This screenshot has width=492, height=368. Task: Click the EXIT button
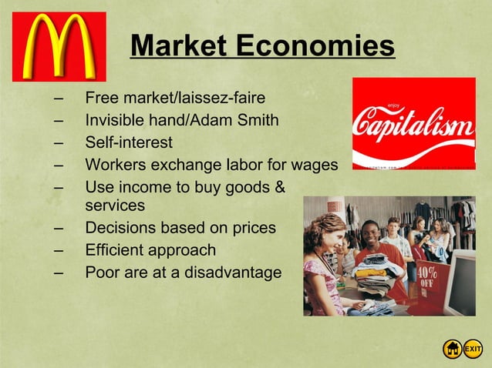[473, 350]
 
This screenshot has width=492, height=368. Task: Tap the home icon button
[453, 350]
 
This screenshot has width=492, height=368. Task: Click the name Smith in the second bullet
[258, 121]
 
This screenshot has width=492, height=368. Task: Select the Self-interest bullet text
[129, 143]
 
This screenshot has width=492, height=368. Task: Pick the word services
[115, 206]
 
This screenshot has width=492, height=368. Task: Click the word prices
[252, 229]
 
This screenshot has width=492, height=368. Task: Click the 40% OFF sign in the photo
[426, 278]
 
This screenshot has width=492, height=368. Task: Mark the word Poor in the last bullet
[102, 273]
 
